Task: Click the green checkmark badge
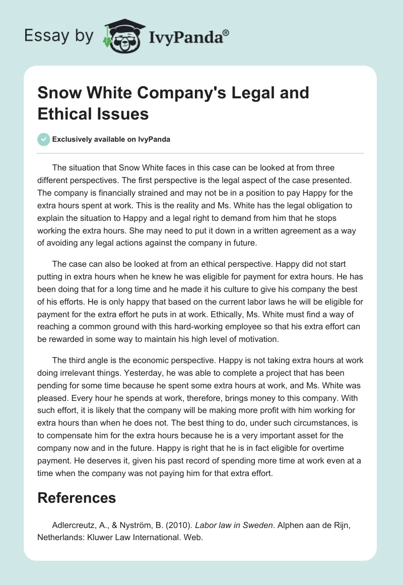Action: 44,139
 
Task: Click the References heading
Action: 77,498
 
